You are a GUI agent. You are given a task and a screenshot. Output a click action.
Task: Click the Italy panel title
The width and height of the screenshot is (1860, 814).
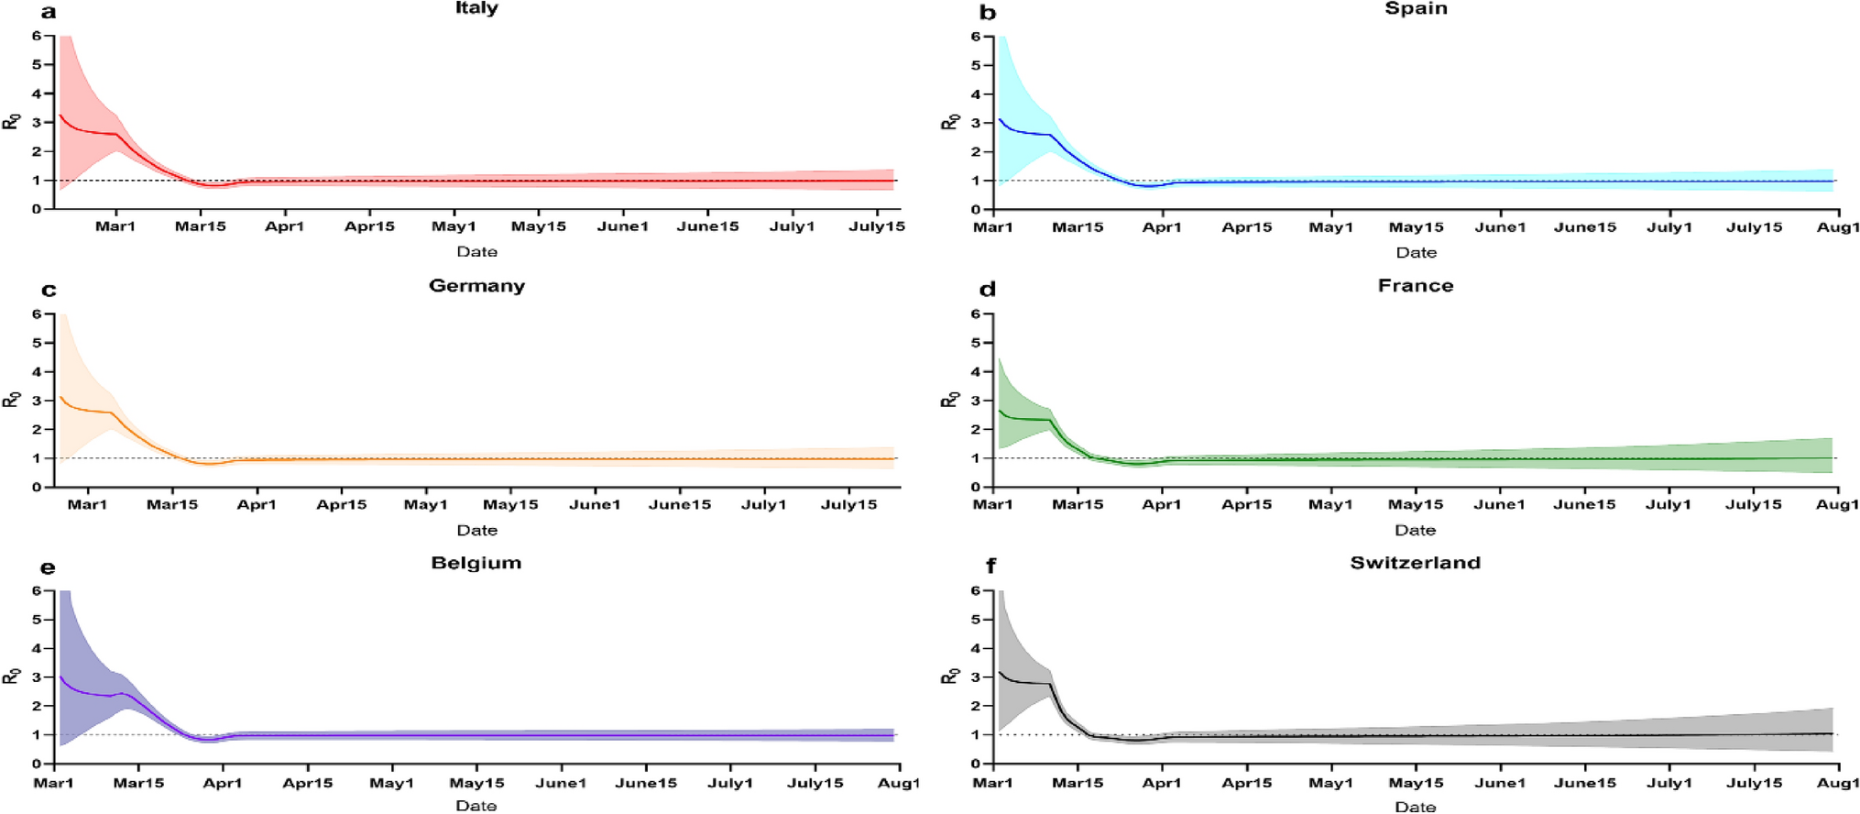[x=476, y=8]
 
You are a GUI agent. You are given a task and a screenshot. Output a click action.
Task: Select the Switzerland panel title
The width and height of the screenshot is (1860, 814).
[x=1415, y=563]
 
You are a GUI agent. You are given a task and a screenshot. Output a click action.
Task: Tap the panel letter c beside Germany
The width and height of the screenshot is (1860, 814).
[x=49, y=291]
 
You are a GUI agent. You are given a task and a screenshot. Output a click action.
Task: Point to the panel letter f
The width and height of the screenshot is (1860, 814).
[x=990, y=566]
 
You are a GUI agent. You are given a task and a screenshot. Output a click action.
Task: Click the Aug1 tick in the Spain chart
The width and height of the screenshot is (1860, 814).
[x=1837, y=227]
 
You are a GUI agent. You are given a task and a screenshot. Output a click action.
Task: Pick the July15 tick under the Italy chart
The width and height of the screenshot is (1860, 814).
[x=876, y=226]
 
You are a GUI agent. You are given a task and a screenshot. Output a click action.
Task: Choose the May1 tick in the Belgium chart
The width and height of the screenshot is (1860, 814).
[x=392, y=783]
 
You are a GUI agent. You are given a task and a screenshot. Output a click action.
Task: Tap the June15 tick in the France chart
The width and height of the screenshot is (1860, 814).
[x=1584, y=504]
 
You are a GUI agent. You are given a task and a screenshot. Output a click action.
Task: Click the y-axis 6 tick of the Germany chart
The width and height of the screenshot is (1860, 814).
[x=37, y=313]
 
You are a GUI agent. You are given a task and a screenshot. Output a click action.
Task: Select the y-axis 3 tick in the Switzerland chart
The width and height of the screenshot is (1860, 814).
[x=976, y=677]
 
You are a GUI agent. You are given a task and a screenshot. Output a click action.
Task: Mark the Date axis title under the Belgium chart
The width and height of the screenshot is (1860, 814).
[x=476, y=806]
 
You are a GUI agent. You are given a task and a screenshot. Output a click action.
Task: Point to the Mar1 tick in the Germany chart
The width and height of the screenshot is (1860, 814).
[x=87, y=504]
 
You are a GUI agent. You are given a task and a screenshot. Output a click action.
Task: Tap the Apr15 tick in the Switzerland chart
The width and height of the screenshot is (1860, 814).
[x=1246, y=783]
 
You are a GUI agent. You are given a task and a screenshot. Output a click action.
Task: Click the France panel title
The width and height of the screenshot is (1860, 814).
[x=1415, y=286]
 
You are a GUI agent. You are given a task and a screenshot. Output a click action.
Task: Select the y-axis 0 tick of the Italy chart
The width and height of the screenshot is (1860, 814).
[x=37, y=209]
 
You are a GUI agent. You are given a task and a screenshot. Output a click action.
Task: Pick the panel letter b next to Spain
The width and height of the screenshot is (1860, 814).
[x=988, y=13]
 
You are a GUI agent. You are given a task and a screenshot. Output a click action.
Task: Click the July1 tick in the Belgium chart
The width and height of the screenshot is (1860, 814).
[x=730, y=783]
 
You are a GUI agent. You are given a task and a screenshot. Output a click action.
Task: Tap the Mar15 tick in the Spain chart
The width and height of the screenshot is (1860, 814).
[x=1077, y=227]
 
